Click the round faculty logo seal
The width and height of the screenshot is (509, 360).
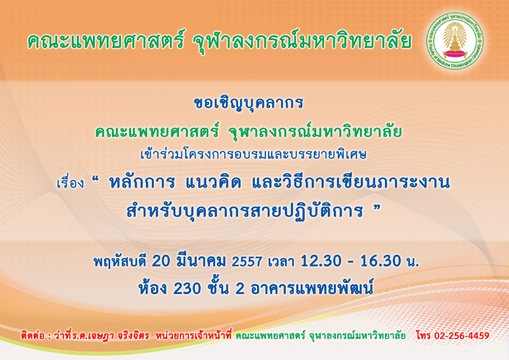pos(455,41)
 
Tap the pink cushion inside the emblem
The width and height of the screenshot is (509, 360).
pos(455,53)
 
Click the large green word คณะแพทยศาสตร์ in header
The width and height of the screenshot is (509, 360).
pos(106,40)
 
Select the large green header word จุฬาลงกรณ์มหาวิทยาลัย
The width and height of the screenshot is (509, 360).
pos(302,41)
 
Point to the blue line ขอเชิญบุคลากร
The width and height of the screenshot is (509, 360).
pos(248,103)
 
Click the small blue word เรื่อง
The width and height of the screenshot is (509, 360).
pos(70,183)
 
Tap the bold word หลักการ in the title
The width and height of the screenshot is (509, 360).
pos(142,183)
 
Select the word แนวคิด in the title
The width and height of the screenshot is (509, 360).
pos(213,183)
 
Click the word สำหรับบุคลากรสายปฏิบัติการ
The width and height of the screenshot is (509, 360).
pos(244,211)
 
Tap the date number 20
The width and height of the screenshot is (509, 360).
pos(161,261)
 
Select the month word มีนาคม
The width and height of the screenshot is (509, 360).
pos(200,261)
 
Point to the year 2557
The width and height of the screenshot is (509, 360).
pos(247,261)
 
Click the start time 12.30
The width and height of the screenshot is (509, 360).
pos(321,261)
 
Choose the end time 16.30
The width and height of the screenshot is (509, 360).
pos(380,261)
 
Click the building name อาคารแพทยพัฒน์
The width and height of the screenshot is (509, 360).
pos(312,287)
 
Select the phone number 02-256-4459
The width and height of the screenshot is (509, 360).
pos(462,336)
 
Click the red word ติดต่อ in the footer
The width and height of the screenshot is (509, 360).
pos(32,335)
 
